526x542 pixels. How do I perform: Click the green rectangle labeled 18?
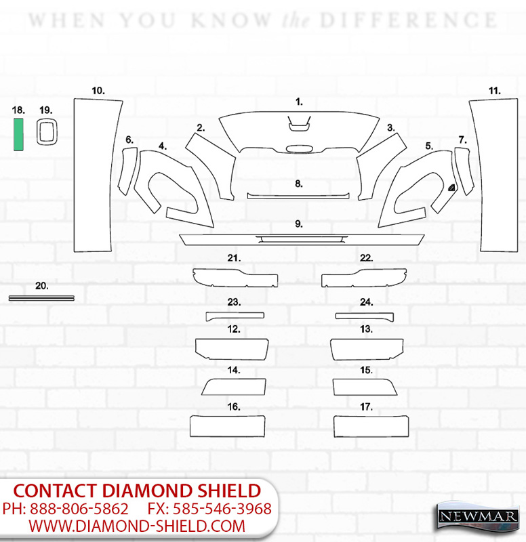pyautogui.click(x=19, y=134)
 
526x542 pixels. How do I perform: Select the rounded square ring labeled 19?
pyautogui.click(x=38, y=132)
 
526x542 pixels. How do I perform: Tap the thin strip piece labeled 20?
pyautogui.click(x=41, y=298)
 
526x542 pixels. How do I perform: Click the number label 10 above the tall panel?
pyautogui.click(x=98, y=91)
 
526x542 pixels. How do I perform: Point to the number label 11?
pyautogui.click(x=495, y=91)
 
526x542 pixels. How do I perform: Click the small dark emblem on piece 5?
pyautogui.click(x=452, y=188)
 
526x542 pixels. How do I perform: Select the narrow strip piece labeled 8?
pyautogui.click(x=298, y=196)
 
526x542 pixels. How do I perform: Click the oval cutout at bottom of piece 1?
pyautogui.click(x=300, y=149)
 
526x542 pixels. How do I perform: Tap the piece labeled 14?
pyautogui.click(x=234, y=387)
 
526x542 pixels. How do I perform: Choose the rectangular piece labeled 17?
pyautogui.click(x=371, y=426)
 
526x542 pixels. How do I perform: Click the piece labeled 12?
pyautogui.click(x=232, y=349)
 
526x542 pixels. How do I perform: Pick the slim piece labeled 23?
pyautogui.click(x=235, y=316)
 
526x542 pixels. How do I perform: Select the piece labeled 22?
pyautogui.click(x=364, y=278)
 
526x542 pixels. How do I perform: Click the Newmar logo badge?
pyautogui.click(x=477, y=517)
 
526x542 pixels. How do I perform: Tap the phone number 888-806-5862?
pyautogui.click(x=79, y=509)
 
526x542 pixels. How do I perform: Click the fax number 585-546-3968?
pyautogui.click(x=222, y=509)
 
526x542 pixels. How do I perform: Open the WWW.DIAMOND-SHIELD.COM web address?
pyautogui.click(x=137, y=526)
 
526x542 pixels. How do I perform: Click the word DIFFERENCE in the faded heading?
pyautogui.click(x=409, y=20)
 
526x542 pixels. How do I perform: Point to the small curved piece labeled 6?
pyautogui.click(x=127, y=171)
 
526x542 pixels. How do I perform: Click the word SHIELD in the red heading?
pyautogui.click(x=229, y=491)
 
